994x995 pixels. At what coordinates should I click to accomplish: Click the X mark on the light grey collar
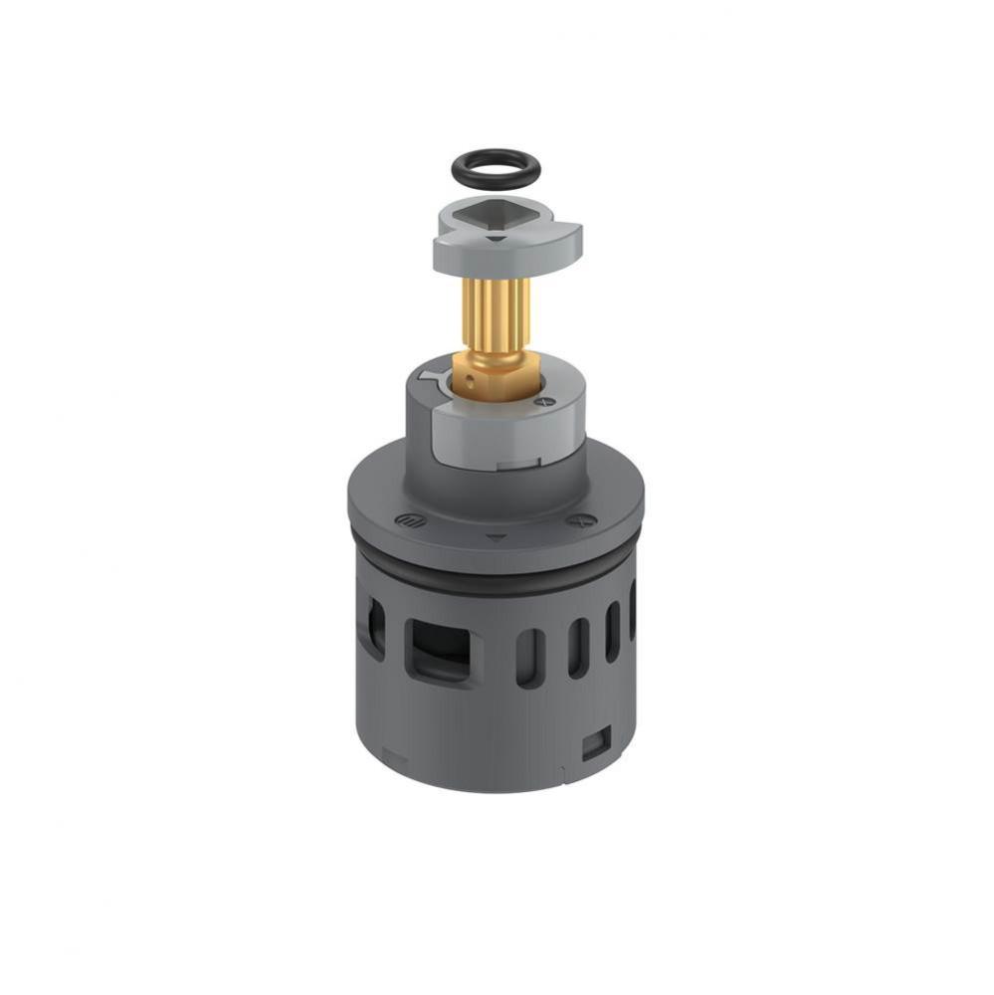tap(544, 401)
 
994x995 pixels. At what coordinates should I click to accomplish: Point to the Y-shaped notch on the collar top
tap(433, 377)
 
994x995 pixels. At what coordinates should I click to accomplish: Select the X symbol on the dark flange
tap(574, 520)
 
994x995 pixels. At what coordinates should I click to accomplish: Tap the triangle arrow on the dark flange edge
tap(496, 537)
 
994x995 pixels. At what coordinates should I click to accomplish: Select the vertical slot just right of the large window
tap(529, 658)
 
